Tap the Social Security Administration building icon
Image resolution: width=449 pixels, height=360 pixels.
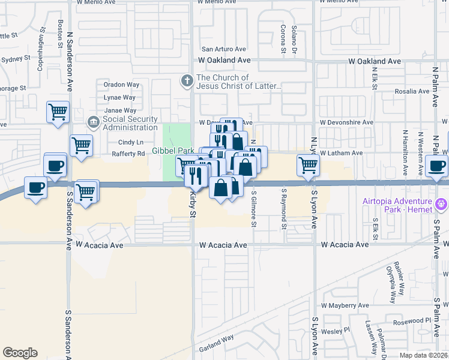pos(93,123)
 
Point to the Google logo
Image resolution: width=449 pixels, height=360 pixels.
pos(20,353)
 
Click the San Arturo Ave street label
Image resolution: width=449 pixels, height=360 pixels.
pos(223,49)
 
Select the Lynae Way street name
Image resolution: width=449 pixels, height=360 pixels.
pos(119,97)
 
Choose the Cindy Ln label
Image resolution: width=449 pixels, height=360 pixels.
pos(131,142)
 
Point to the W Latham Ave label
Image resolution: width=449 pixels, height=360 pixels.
pos(341,154)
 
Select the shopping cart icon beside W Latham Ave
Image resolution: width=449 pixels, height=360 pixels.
pos(308,164)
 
